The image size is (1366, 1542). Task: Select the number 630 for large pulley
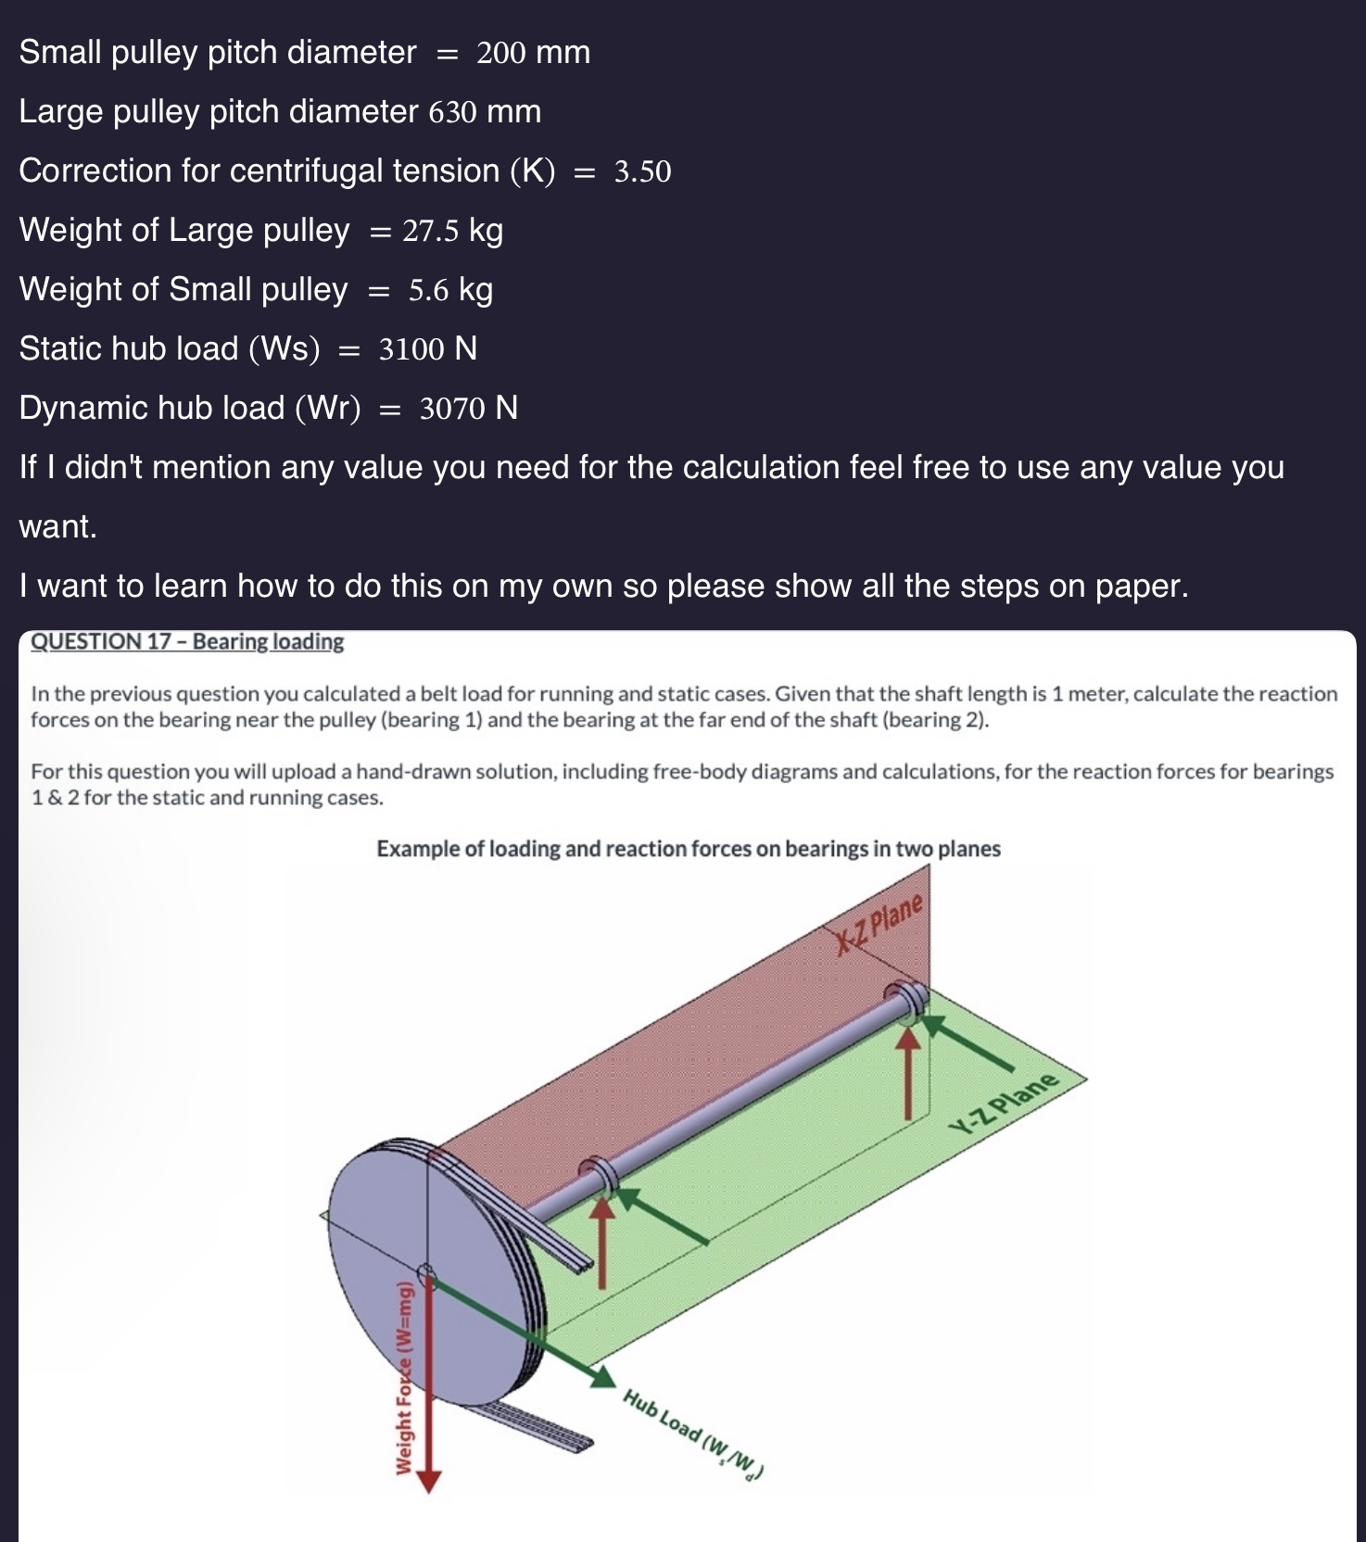[x=452, y=112]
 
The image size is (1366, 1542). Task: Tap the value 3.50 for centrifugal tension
[x=642, y=171]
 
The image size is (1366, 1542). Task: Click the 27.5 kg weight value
[x=452, y=231]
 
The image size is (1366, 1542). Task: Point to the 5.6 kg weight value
[x=450, y=290]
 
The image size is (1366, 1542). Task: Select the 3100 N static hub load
[x=427, y=349]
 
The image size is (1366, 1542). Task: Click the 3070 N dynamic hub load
[x=468, y=409]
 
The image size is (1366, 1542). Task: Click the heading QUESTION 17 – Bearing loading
[x=187, y=641]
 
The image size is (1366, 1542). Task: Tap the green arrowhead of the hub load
[x=602, y=1377]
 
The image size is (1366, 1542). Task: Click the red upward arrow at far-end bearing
[x=909, y=1075]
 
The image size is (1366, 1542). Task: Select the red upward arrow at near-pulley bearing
[x=603, y=1242]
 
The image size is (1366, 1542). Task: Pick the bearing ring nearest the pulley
[x=599, y=1174]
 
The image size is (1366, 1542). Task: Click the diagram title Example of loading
[x=688, y=849]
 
